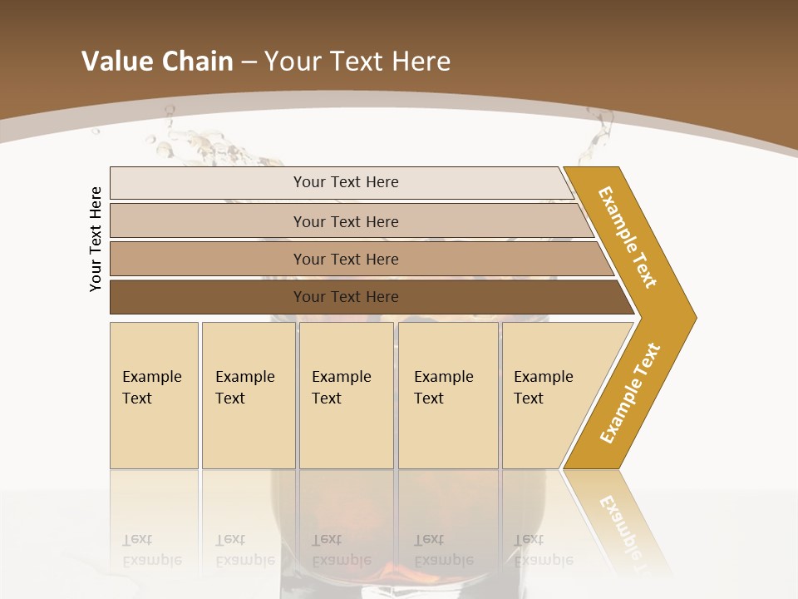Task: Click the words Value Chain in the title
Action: point(157,61)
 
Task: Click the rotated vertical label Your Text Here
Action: point(96,239)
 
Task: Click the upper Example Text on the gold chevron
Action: point(628,237)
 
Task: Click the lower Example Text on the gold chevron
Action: point(630,393)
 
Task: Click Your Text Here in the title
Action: point(357,61)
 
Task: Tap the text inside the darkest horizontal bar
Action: point(346,297)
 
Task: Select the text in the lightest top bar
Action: point(346,182)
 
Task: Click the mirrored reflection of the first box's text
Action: point(151,550)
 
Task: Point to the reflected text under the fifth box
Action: point(543,550)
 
